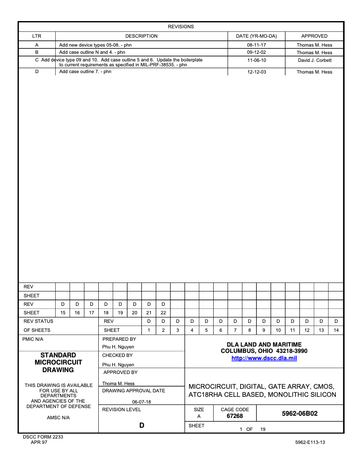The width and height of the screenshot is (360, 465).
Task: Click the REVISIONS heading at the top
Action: click(x=180, y=26)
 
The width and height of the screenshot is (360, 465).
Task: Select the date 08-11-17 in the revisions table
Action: click(x=257, y=45)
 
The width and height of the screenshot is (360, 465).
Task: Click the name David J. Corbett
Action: click(x=314, y=60)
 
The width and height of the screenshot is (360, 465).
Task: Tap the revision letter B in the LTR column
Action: click(x=37, y=52)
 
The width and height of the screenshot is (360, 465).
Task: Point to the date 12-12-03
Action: click(x=257, y=72)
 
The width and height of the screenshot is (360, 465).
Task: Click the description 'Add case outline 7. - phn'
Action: click(x=85, y=72)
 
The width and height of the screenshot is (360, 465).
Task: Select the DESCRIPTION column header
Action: click(x=141, y=36)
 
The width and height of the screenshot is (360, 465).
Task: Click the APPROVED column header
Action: click(x=314, y=36)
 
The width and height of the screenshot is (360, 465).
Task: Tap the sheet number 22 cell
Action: click(x=163, y=313)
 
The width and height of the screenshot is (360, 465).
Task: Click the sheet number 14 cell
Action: click(x=336, y=330)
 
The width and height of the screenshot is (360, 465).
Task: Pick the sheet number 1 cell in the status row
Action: click(x=149, y=330)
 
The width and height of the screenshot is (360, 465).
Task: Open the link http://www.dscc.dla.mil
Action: click(x=264, y=358)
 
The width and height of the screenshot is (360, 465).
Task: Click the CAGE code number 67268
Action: click(x=235, y=416)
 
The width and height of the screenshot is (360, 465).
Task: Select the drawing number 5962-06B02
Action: click(x=299, y=413)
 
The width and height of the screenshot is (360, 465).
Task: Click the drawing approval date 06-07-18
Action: click(x=141, y=402)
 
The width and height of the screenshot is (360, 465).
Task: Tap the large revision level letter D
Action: click(x=141, y=425)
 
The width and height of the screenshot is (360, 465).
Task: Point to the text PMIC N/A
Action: click(x=33, y=339)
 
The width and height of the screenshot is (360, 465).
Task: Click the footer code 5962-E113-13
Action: click(x=310, y=442)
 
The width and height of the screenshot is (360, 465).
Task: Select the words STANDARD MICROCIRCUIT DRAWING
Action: click(x=58, y=362)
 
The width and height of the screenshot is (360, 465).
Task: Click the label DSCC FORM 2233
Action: click(x=43, y=437)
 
